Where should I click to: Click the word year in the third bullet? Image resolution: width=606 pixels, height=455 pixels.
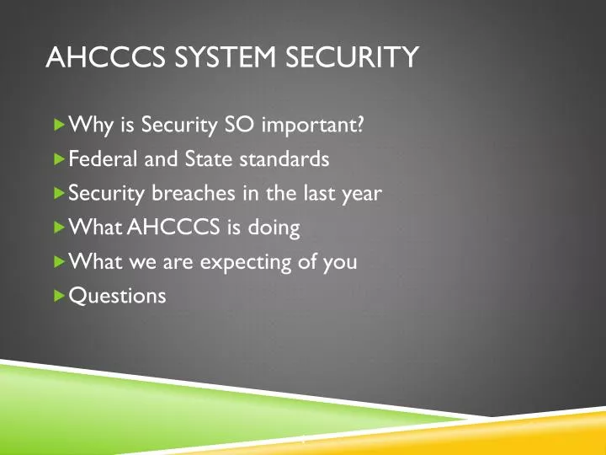(x=363, y=193)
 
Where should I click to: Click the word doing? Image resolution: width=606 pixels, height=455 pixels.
(x=276, y=228)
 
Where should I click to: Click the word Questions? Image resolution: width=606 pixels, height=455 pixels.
(x=117, y=296)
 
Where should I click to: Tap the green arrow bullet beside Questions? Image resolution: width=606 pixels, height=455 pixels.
(x=58, y=296)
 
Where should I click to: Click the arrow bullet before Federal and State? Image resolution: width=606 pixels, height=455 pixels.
(x=58, y=158)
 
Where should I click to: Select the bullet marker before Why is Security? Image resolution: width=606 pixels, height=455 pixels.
(x=58, y=125)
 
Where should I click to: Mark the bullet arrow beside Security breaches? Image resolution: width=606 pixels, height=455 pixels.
(x=58, y=193)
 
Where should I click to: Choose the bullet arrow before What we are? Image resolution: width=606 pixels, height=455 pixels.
(x=58, y=261)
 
